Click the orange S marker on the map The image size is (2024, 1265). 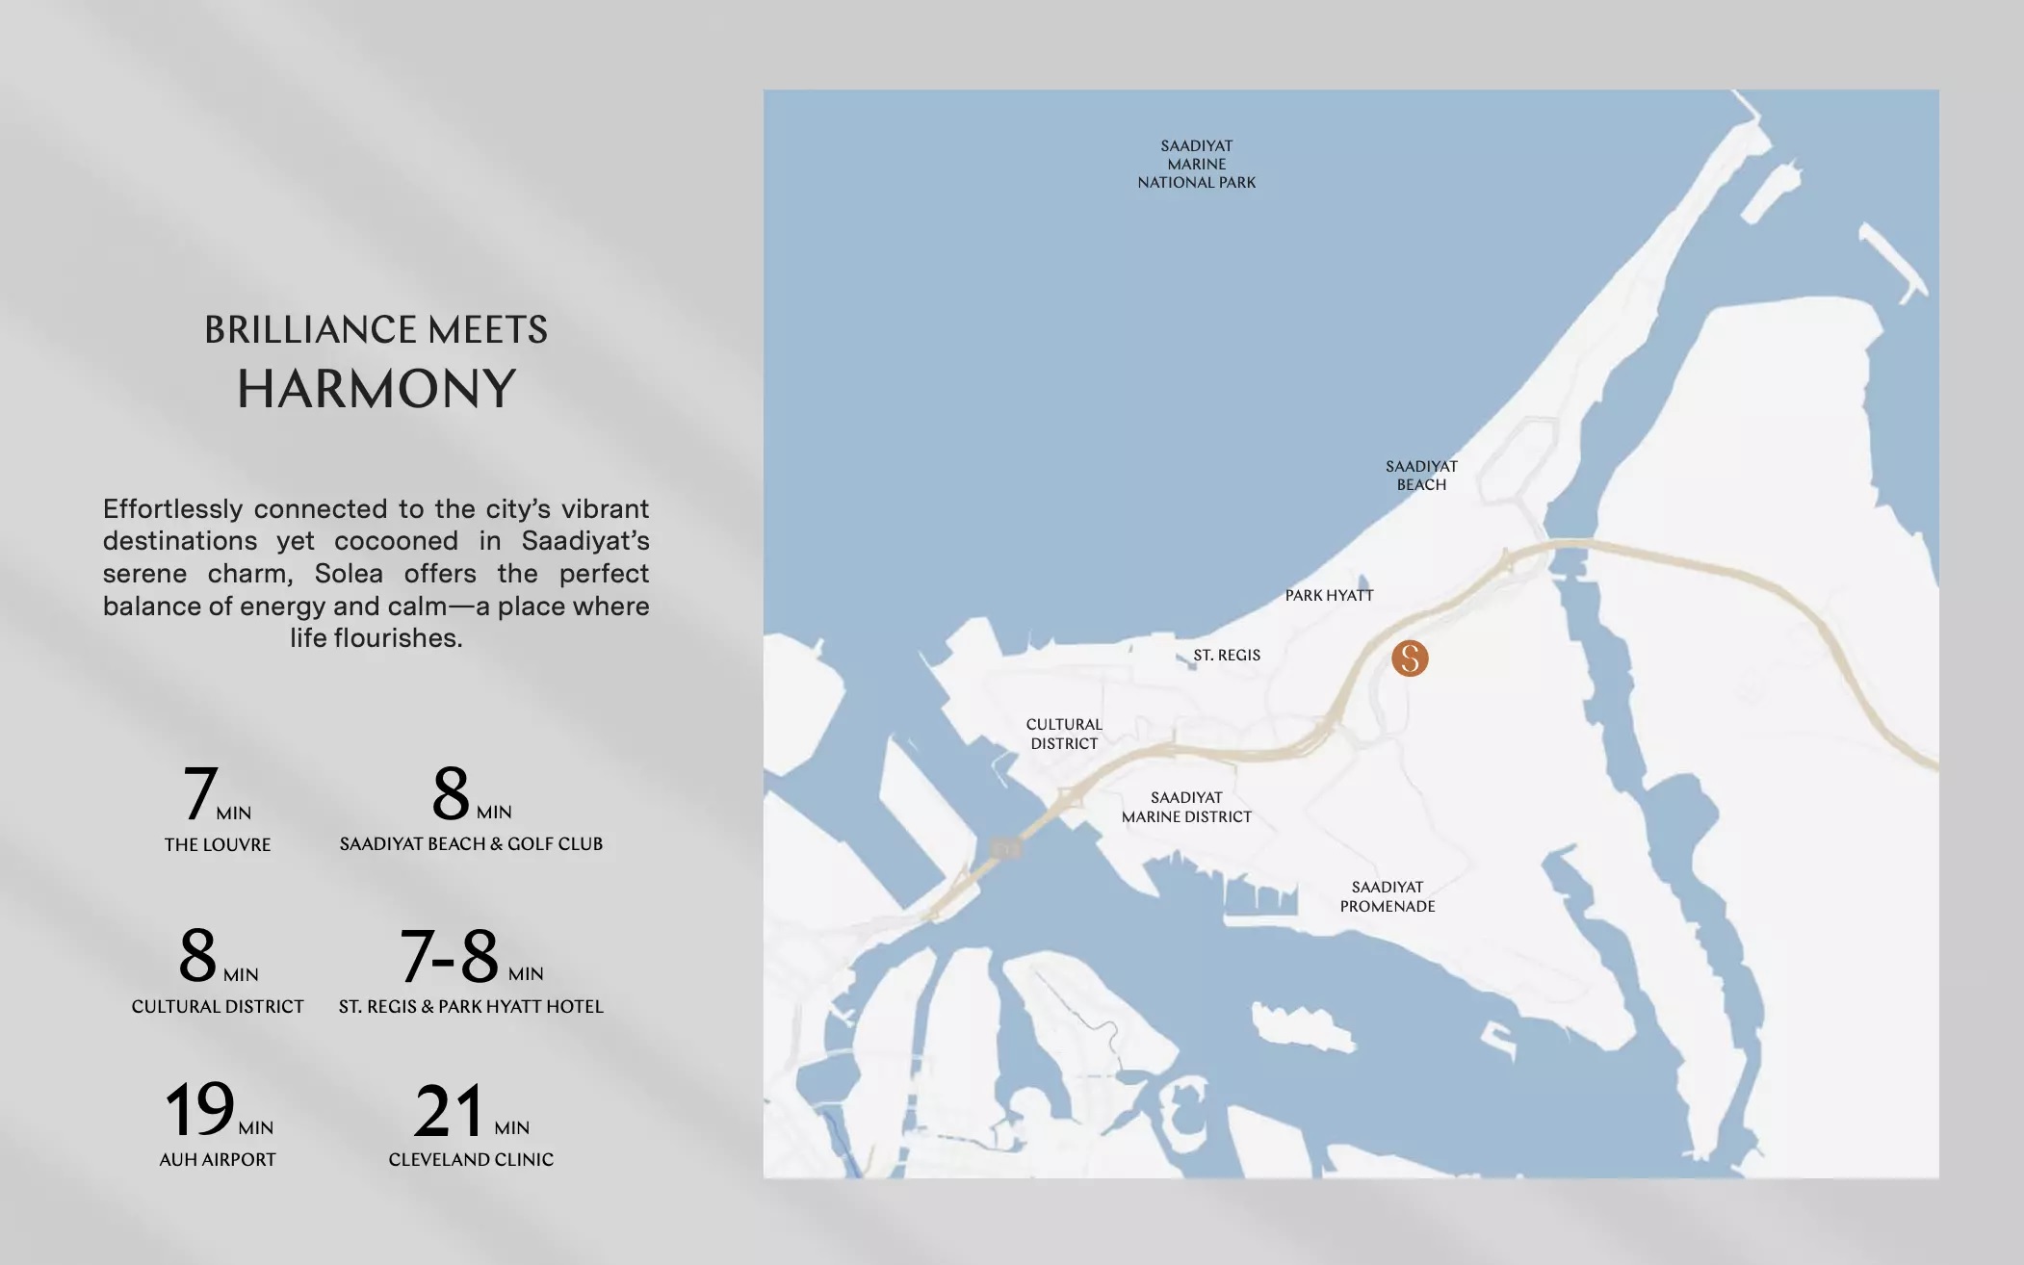pyautogui.click(x=1410, y=658)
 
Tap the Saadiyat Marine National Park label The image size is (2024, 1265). pyautogui.click(x=1196, y=164)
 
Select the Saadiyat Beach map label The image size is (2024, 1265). pyautogui.click(x=1421, y=476)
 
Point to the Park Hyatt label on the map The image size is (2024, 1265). pyautogui.click(x=1329, y=595)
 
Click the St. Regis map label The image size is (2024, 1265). pyautogui.click(x=1226, y=655)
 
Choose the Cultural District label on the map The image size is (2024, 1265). pyautogui.click(x=1064, y=734)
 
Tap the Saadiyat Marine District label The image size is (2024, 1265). pyautogui.click(x=1186, y=807)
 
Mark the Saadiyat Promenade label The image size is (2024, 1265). pyautogui.click(x=1388, y=896)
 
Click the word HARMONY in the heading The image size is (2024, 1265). pyautogui.click(x=376, y=389)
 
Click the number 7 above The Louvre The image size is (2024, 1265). pyautogui.click(x=200, y=793)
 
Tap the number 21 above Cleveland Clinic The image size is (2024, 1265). pyautogui.click(x=449, y=1111)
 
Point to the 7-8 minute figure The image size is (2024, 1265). pyautogui.click(x=450, y=956)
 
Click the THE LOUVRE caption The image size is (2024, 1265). pyautogui.click(x=218, y=844)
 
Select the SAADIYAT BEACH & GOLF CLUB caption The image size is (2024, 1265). pyautogui.click(x=471, y=843)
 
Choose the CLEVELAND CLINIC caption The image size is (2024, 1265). pyautogui.click(x=471, y=1159)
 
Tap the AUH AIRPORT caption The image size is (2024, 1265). pyautogui.click(x=218, y=1159)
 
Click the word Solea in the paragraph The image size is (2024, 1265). pyautogui.click(x=349, y=573)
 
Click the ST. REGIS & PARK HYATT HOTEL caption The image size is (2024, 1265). pyautogui.click(x=471, y=1006)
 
